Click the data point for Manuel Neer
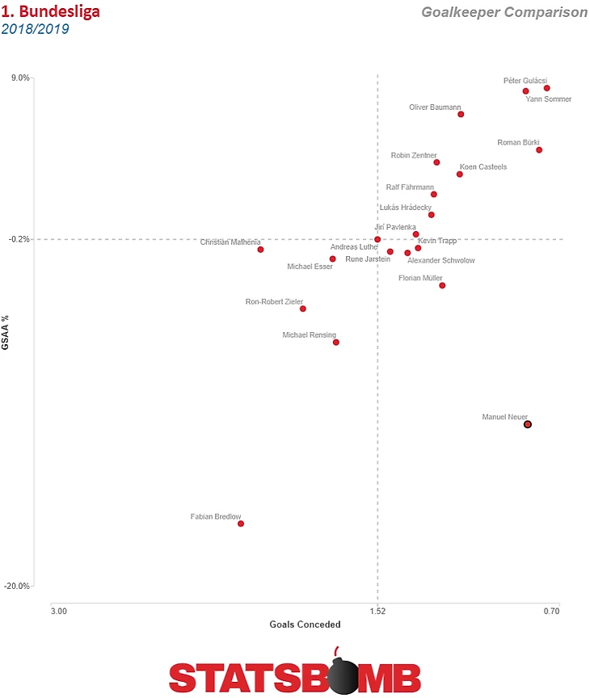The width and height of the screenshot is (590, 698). [528, 424]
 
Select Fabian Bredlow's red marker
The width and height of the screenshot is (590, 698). [241, 523]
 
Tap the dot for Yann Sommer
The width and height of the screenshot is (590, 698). [547, 88]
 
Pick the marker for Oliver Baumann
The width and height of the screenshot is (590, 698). [461, 114]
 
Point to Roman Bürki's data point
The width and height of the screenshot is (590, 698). [539, 149]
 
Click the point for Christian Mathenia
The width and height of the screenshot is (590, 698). [260, 250]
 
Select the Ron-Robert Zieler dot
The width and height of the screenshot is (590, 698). [303, 309]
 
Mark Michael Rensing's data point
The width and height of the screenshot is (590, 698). [336, 343]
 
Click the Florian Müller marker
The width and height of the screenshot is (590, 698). [442, 285]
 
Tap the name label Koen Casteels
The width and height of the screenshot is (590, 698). [483, 167]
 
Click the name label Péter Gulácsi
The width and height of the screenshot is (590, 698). [525, 81]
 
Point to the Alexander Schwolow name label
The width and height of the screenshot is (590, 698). [441, 260]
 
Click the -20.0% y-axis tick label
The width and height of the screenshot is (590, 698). [18, 587]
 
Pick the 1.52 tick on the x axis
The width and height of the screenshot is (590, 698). [377, 612]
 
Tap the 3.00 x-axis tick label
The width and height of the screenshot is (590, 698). [58, 612]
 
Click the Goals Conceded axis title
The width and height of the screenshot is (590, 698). [305, 624]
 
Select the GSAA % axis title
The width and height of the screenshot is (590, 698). [6, 333]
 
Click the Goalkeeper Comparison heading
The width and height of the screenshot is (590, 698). [504, 13]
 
